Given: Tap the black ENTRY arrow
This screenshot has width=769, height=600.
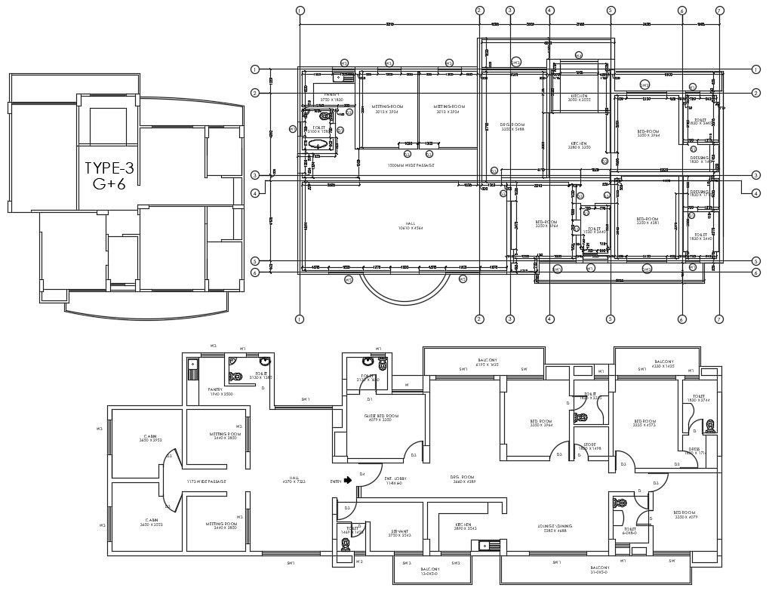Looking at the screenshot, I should click(348, 480).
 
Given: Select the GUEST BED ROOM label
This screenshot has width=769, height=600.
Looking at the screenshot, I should click(382, 418).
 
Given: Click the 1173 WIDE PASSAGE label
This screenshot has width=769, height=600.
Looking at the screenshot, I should click(207, 482).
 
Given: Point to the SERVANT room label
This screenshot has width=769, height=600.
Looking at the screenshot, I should click(399, 532).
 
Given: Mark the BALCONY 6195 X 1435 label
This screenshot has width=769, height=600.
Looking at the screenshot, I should click(488, 362).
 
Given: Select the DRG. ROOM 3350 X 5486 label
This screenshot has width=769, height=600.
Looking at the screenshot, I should click(512, 127).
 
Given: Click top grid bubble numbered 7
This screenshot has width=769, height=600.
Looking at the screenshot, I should click(719, 11).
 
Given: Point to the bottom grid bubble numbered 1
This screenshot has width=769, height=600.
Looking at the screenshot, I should click(300, 319).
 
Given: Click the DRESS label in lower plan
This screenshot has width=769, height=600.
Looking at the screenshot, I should click(694, 451).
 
